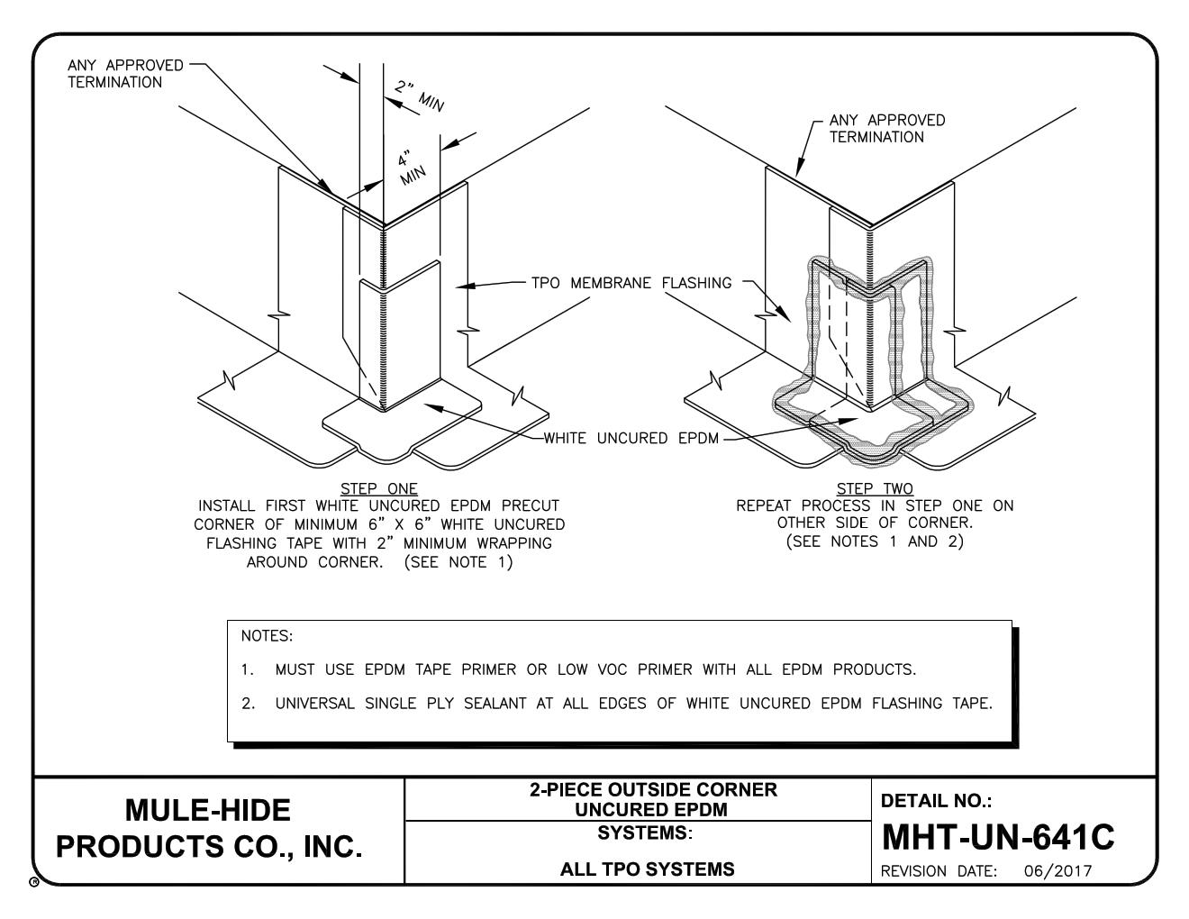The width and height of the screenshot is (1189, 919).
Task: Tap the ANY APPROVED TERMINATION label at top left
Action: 125,74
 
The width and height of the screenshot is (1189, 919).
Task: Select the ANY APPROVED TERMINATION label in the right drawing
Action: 886,129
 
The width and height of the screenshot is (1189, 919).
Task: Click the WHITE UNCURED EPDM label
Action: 631,439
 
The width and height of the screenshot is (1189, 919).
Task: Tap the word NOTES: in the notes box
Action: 267,636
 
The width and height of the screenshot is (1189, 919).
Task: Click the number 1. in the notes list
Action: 249,669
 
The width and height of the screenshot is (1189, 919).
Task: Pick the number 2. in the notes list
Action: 249,704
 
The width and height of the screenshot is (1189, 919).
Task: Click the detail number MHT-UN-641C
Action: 997,838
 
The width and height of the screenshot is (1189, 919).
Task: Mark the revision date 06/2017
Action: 1057,871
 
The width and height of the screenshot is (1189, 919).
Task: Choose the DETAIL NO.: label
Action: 936,800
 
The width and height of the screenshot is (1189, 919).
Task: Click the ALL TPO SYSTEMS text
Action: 646,869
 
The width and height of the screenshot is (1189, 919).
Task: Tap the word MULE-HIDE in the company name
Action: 207,810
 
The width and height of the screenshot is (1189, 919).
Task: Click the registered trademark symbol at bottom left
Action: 33,883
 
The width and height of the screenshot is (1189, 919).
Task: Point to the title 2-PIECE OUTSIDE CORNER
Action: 652,790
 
